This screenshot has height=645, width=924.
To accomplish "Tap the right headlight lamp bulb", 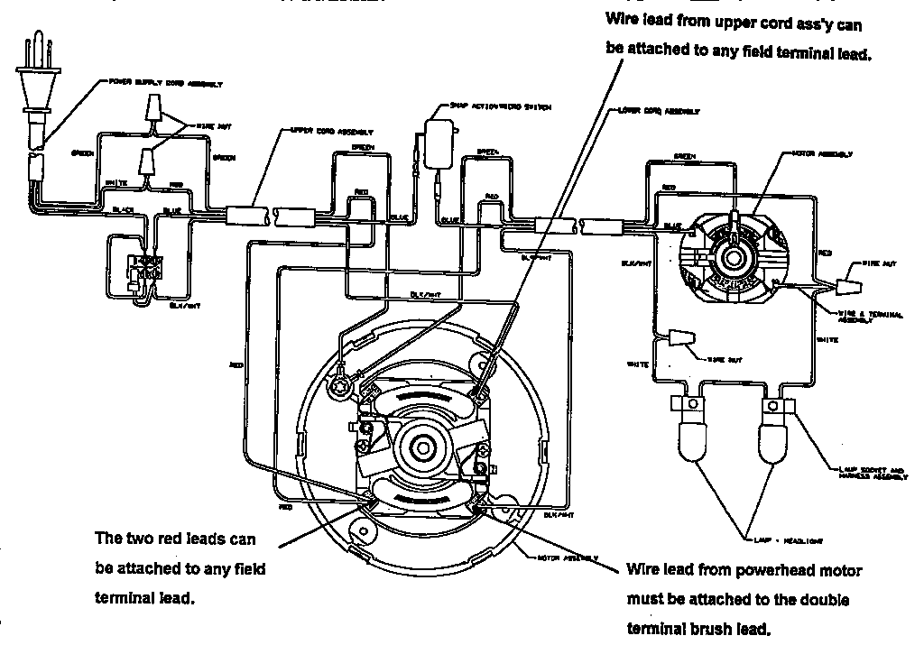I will click(773, 442).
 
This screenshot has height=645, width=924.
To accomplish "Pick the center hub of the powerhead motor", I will click(733, 256).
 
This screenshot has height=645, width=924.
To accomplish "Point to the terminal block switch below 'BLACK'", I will click(145, 268).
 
